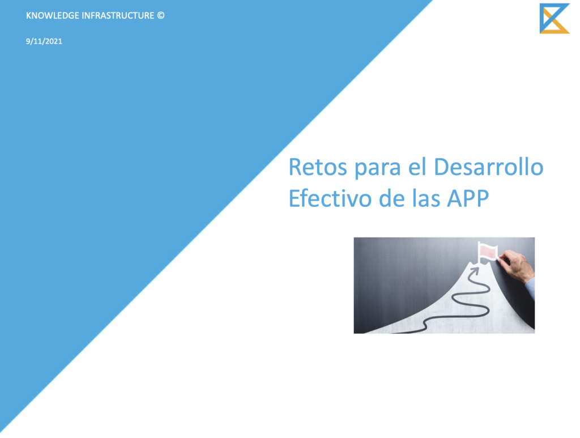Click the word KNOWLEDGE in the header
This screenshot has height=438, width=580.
[53, 15]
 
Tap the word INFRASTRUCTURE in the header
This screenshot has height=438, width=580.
[118, 15]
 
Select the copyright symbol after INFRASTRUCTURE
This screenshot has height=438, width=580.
[160, 15]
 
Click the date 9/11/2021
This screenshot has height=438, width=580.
[44, 41]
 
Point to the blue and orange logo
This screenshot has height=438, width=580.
[554, 19]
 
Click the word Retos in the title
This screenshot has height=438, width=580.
[318, 167]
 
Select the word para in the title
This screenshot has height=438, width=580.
[378, 169]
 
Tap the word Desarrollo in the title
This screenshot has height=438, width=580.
[488, 167]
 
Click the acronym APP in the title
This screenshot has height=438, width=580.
[468, 199]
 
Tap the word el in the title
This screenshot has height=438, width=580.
[417, 167]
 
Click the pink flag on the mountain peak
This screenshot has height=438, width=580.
[488, 252]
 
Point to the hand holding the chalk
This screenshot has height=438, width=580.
[516, 265]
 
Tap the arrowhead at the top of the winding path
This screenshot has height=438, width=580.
[474, 272]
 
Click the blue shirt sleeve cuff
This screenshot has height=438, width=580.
[530, 287]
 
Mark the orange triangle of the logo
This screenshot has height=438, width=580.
[556, 27]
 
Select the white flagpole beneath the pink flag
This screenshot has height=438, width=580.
[479, 254]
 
